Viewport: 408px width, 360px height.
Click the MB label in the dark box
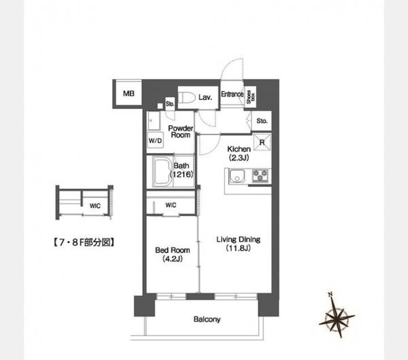click(x=128, y=93)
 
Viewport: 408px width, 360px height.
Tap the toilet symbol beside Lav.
click(x=188, y=98)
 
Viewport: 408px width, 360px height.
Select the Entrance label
click(x=232, y=94)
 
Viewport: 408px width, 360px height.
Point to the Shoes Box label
click(x=250, y=95)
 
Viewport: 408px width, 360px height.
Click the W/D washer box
click(x=156, y=141)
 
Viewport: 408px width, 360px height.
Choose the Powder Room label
click(x=180, y=131)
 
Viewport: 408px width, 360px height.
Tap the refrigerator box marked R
click(x=262, y=142)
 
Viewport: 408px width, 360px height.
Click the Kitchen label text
click(x=239, y=149)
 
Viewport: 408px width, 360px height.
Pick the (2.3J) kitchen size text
click(x=239, y=158)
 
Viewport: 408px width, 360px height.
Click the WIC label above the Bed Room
click(x=171, y=205)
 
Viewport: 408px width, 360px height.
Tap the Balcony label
click(x=207, y=319)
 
